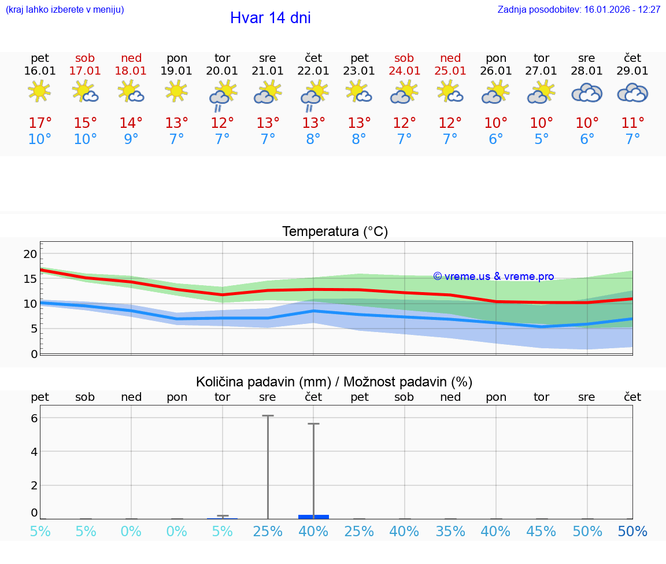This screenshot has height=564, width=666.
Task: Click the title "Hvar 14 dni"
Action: click(270, 18)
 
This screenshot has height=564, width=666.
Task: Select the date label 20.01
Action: click(222, 71)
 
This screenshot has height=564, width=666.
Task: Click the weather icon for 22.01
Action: click(313, 94)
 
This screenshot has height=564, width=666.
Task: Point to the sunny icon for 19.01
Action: click(176, 91)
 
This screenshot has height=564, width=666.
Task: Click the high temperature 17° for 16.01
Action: click(40, 123)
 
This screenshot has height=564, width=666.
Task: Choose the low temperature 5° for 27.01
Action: click(542, 139)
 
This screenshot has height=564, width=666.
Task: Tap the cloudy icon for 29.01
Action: click(632, 93)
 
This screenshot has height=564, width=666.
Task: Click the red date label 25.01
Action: click(450, 71)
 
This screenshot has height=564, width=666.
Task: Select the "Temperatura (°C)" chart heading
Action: click(335, 232)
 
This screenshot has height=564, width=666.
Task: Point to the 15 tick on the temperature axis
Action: click(31, 279)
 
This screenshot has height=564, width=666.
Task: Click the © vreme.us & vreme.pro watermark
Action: click(494, 277)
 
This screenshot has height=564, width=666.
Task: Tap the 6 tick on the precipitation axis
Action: click(34, 418)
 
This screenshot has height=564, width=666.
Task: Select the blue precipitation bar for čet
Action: click(313, 517)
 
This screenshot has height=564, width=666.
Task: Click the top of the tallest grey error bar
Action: click(268, 416)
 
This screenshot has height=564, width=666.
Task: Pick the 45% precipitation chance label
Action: click(542, 532)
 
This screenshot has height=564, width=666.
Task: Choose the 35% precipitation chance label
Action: click(450, 532)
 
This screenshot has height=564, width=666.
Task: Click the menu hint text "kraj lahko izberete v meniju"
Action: click(64, 10)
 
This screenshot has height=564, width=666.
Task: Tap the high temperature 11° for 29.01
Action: click(632, 123)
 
